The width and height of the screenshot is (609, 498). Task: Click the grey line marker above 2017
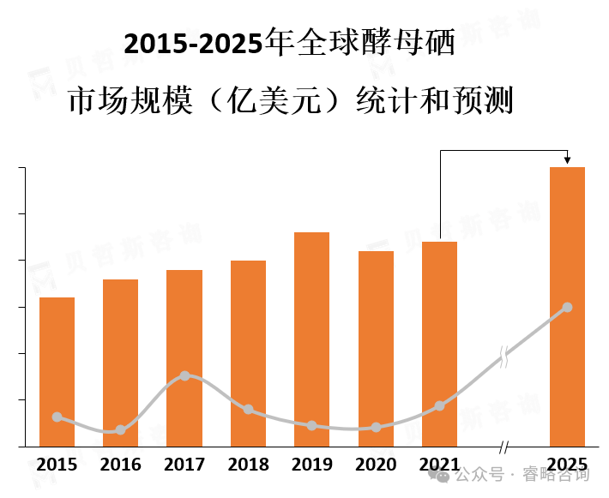tap(184, 375)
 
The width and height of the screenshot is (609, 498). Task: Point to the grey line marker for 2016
tap(120, 429)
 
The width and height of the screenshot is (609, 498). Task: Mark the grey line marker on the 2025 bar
tap(567, 307)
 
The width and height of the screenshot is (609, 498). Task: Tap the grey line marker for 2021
tap(439, 405)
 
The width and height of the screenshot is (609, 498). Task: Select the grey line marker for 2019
tap(311, 425)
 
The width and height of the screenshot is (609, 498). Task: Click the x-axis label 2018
tap(248, 465)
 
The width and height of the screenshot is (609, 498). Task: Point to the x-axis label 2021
tap(439, 465)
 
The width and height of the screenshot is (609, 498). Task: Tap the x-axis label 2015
tap(57, 465)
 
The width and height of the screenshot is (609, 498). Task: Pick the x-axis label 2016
tap(120, 465)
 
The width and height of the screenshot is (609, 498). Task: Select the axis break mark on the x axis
tap(503, 447)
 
